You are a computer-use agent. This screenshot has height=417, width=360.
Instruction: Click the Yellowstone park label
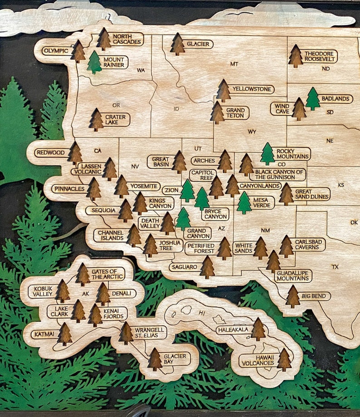pos(251,89)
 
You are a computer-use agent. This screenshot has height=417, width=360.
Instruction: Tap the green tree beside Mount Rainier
pos(94,63)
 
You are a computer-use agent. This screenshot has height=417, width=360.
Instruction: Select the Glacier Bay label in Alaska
pos(175,359)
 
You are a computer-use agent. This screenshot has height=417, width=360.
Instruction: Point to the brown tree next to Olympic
pos(78,52)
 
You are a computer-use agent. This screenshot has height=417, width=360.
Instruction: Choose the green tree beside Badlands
pos(312,99)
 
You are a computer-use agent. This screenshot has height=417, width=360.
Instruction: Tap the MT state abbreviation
pos(234,64)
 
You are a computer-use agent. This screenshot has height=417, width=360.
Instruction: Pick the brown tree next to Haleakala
pos(258,329)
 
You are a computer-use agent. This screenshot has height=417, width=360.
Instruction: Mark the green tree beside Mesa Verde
pos(244,203)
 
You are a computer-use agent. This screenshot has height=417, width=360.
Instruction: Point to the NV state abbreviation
pos(135,167)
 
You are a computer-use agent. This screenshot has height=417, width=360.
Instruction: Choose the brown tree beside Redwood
pos(75,153)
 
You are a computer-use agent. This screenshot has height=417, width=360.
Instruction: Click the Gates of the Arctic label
pos(107,274)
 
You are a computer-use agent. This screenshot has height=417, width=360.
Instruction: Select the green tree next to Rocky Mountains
pos(268,154)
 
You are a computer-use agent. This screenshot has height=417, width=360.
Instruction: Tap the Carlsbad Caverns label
pos(309,245)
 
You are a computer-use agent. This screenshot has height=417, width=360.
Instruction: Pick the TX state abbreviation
pos(335,267)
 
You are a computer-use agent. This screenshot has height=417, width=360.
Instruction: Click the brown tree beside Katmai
pos(65,334)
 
